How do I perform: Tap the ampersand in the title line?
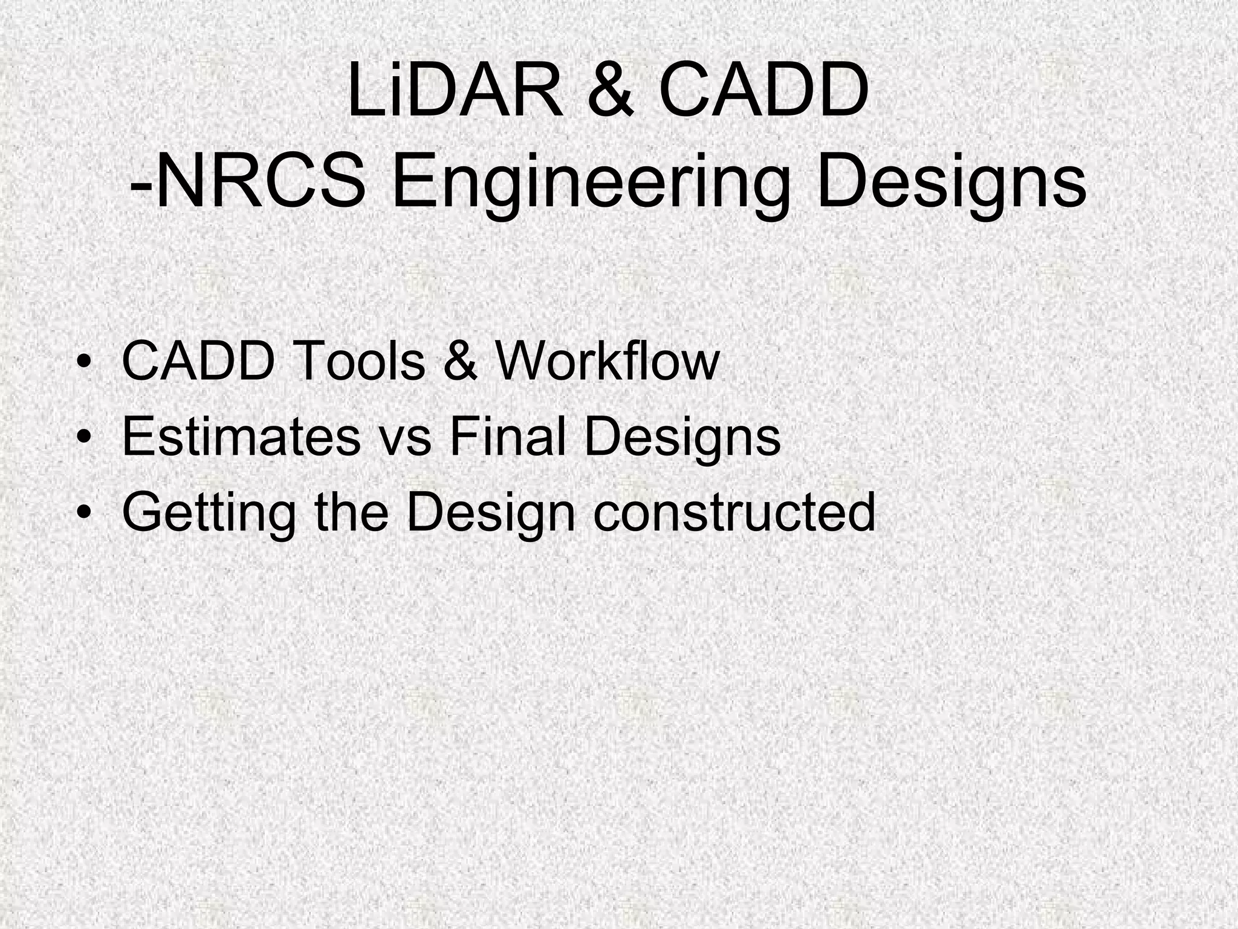(611, 92)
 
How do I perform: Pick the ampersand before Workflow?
(459, 362)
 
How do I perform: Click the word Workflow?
(607, 362)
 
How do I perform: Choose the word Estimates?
(241, 437)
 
